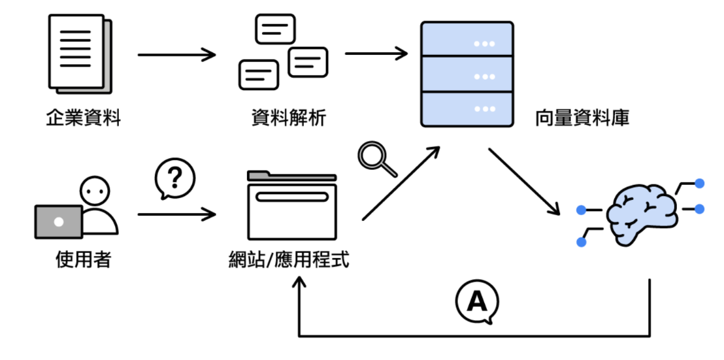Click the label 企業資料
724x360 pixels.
(x=84, y=118)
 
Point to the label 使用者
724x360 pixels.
(x=83, y=260)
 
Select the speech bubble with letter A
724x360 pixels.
(x=477, y=302)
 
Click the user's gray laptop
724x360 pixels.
(x=59, y=221)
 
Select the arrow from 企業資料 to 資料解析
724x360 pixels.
(x=176, y=54)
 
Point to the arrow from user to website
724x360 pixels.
(x=176, y=214)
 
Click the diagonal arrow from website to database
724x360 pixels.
(x=401, y=184)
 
